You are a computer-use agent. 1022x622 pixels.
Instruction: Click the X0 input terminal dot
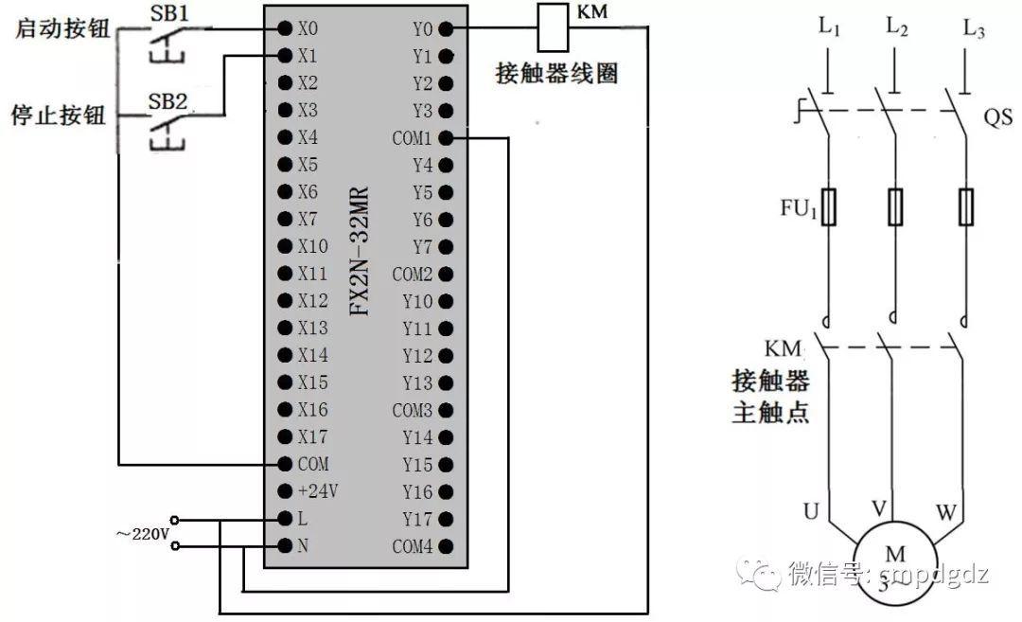284,28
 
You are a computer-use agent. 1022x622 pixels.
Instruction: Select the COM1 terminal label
412,138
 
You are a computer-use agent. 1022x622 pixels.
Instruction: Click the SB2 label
168,101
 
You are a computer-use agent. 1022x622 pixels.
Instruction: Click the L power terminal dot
284,520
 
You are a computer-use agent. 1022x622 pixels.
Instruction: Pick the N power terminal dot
284,546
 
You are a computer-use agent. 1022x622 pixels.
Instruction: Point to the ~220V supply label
142,534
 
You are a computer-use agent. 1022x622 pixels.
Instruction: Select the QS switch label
997,118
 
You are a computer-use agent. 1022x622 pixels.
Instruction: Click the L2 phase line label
897,29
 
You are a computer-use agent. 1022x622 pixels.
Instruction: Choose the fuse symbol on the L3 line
966,207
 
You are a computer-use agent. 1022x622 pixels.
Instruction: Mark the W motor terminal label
946,513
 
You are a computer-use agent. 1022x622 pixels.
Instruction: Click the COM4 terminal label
412,547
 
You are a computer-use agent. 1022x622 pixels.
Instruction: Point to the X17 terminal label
312,437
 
